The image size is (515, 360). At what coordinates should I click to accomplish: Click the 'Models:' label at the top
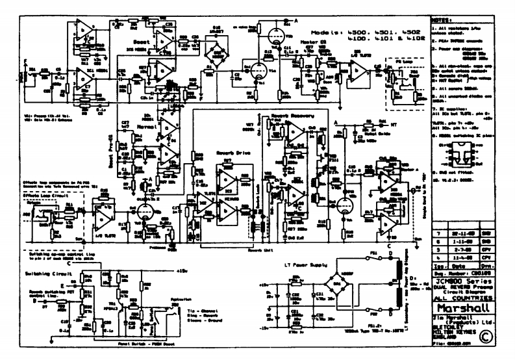coord(331,32)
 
